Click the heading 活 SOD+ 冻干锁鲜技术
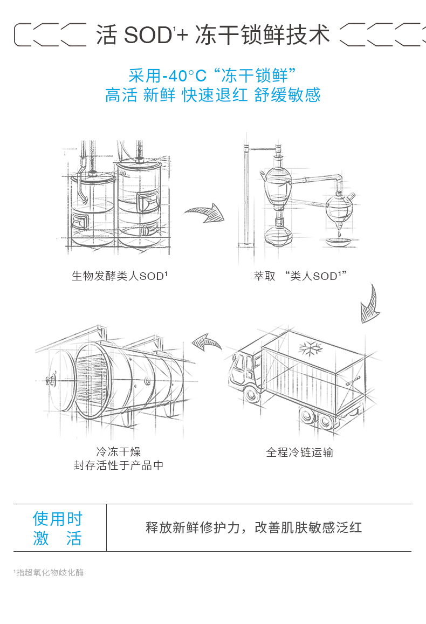213,36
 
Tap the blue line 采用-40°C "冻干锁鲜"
213,76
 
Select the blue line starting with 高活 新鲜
213,95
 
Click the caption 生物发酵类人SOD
120,276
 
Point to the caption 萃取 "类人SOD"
300,276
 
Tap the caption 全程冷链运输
299,452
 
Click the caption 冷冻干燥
119,451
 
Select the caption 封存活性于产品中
119,465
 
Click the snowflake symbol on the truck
310,348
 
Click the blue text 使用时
57,519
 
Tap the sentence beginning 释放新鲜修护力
254,527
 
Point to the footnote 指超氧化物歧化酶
49,572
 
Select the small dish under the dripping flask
339,242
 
